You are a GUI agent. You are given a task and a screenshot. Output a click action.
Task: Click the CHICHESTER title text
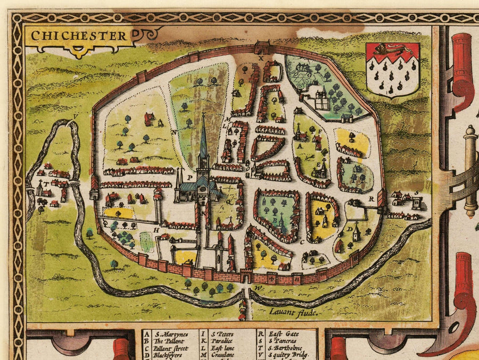click(x=79, y=37)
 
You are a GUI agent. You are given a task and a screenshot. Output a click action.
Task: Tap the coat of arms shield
click(x=393, y=70)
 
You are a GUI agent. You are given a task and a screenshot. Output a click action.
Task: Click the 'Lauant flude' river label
click(x=293, y=313)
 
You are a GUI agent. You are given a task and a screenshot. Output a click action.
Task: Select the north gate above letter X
click(x=261, y=46)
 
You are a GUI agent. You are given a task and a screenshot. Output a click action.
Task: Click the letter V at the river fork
click(x=76, y=116)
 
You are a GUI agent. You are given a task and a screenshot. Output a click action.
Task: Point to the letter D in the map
click(x=349, y=229)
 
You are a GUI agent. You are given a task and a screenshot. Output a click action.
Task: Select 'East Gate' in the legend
click(x=283, y=333)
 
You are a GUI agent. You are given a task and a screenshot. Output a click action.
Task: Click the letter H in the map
click(x=157, y=230)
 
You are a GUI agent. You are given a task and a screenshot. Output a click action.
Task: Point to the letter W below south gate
click(x=259, y=288)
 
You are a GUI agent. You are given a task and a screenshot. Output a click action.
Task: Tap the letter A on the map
click(x=300, y=144)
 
